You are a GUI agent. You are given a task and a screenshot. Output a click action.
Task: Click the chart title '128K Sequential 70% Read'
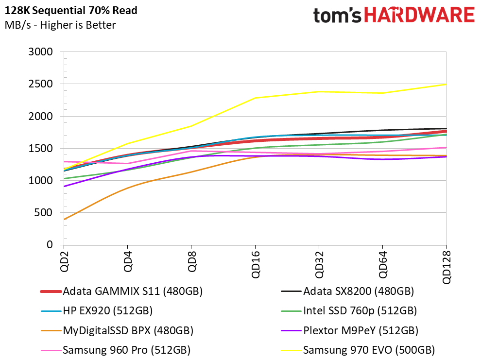[71, 10]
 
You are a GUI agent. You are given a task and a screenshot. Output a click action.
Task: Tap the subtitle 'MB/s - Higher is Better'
[60, 25]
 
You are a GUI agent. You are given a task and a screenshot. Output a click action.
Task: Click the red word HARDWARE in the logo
[419, 15]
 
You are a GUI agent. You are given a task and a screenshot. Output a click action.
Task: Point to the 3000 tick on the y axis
[40, 52]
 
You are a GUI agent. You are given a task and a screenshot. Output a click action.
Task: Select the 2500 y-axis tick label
[40, 84]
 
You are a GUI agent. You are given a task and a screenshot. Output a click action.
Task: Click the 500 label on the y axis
[44, 212]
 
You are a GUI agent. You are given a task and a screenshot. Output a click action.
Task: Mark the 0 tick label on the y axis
[50, 245]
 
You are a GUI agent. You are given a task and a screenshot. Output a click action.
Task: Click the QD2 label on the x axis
[65, 261]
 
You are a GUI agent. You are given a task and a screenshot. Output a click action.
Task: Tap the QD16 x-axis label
[256, 264]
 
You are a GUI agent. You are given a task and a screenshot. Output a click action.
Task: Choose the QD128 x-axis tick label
[447, 267]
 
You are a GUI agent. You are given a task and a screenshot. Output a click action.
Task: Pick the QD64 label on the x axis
[383, 264]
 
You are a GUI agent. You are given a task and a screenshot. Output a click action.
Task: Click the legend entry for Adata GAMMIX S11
[121, 291]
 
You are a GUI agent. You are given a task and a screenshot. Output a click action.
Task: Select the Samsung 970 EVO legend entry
[358, 350]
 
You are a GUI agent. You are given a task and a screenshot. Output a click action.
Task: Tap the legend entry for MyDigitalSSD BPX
[117, 330]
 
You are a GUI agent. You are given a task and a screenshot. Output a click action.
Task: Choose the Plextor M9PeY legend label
[349, 330]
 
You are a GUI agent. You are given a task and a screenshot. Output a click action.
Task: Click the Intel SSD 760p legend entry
[349, 310]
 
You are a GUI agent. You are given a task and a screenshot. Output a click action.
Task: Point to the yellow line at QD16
[255, 98]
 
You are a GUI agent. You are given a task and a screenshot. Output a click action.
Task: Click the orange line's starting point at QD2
[64, 220]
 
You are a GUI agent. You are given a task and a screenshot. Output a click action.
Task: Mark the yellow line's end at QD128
[446, 85]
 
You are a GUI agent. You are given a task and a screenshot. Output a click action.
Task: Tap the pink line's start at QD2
[64, 162]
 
